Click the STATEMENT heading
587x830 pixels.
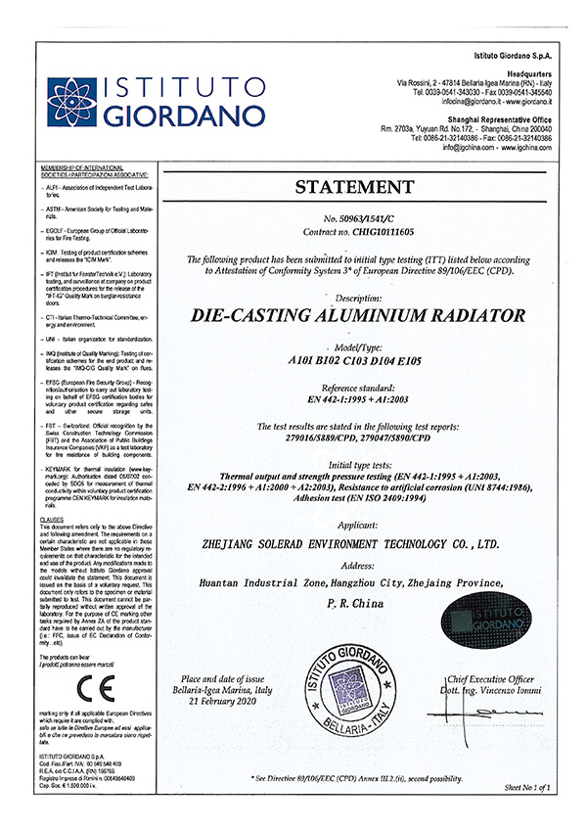click(376, 188)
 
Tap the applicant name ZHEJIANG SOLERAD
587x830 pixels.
click(376, 540)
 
